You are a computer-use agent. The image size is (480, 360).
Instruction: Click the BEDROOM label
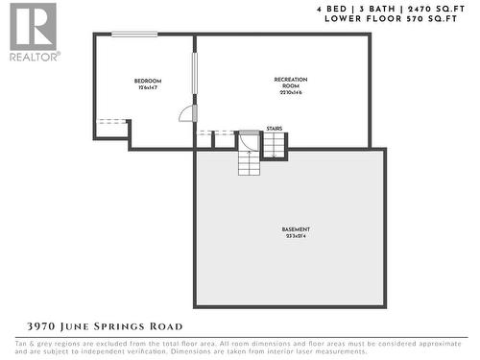tap(147, 81)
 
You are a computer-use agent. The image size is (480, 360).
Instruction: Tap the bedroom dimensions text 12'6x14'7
tap(147, 88)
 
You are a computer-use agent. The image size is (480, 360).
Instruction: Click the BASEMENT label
tap(296, 228)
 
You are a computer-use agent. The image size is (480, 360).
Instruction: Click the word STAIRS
tap(274, 127)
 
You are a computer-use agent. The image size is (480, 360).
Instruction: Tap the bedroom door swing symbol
tap(185, 113)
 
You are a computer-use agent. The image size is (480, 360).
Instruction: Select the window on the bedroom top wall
tap(134, 35)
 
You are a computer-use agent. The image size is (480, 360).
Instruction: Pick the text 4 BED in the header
tap(333, 9)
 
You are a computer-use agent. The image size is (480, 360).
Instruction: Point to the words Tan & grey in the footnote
tap(32, 343)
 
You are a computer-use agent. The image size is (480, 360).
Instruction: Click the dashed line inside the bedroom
tap(112, 121)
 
